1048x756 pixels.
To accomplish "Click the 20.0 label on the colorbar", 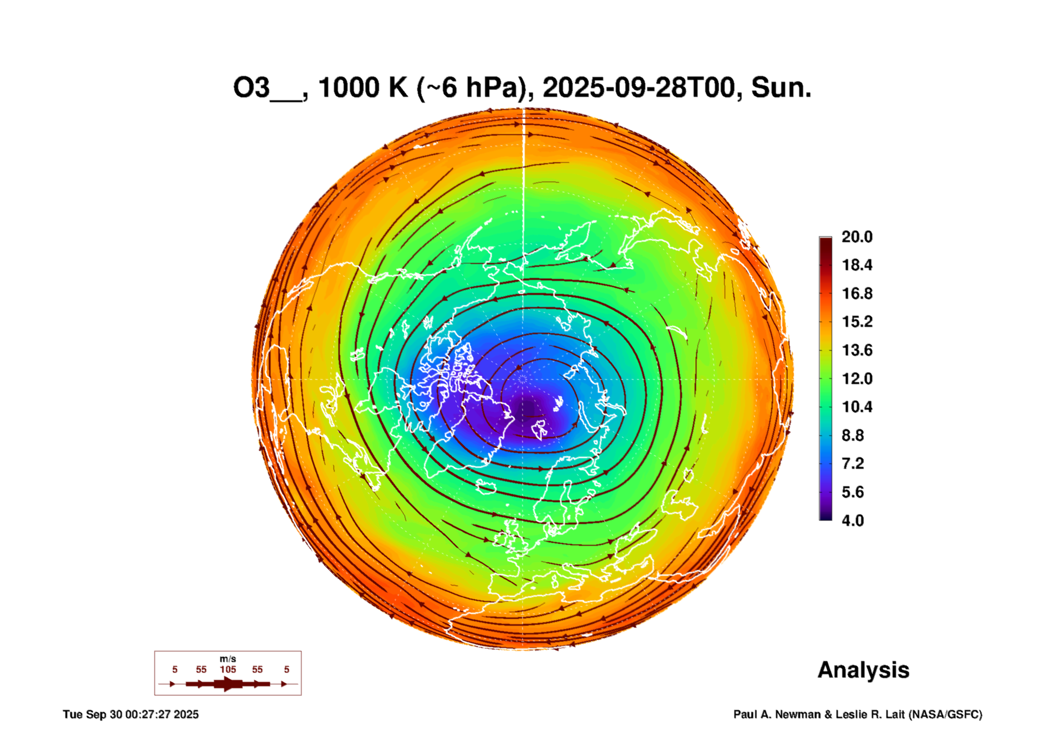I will [856, 237].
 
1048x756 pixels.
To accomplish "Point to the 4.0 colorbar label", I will [852, 521].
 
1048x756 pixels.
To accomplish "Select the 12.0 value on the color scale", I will [856, 378].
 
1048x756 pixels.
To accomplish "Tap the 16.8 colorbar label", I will [856, 293].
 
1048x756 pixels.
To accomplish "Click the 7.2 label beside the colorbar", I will [852, 463].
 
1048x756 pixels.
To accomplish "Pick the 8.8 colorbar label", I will [852, 435].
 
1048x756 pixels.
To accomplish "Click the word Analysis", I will [863, 670].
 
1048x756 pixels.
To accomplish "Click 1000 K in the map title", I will [363, 88].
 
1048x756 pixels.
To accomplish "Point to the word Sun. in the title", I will [781, 88].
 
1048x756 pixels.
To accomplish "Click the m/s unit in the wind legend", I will [228, 659].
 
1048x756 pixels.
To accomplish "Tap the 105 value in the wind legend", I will [228, 669].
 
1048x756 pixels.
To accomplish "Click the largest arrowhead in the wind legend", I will [228, 684].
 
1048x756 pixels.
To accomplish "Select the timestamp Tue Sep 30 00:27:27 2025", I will [131, 714].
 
